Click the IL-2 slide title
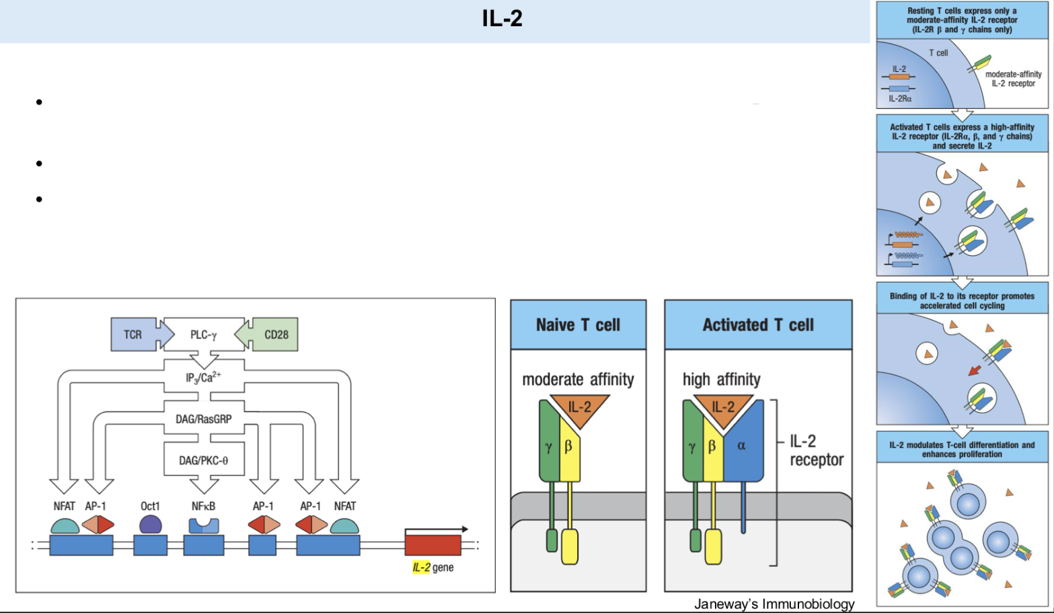pyautogui.click(x=502, y=18)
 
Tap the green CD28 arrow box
pyautogui.click(x=274, y=334)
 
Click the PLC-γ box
pyautogui.click(x=203, y=334)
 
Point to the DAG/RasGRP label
pyautogui.click(x=203, y=419)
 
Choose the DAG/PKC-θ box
pyautogui.click(x=203, y=460)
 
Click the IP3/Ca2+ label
pyautogui.click(x=203, y=377)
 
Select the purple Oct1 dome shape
pyautogui.click(x=150, y=525)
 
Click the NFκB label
pyautogui.click(x=203, y=506)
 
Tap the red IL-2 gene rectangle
pyautogui.click(x=432, y=544)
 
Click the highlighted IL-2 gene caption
pyautogui.click(x=432, y=567)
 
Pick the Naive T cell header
pyautogui.click(x=578, y=325)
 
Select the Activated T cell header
pyautogui.click(x=758, y=325)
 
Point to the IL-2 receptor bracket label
pyautogui.click(x=816, y=450)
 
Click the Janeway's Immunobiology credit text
pyautogui.click(x=774, y=604)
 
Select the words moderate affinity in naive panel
pyautogui.click(x=578, y=380)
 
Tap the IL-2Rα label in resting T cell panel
pyautogui.click(x=900, y=99)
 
